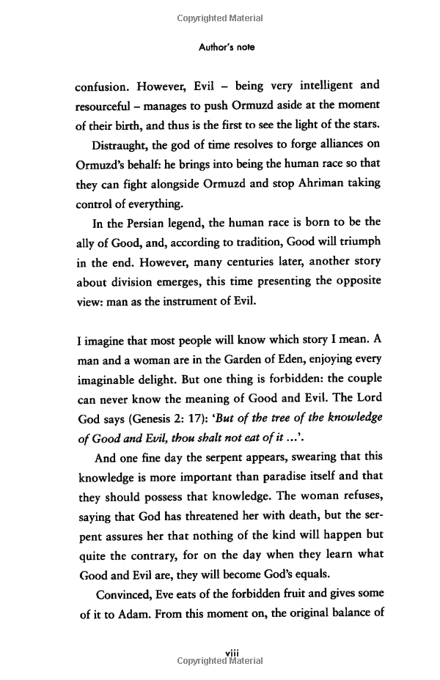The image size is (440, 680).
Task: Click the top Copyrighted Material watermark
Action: [220, 18]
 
